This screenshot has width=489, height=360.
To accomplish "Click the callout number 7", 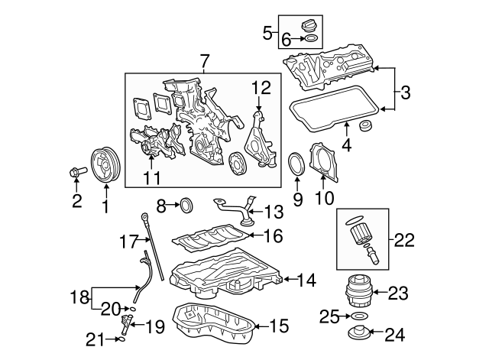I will pos(204,60).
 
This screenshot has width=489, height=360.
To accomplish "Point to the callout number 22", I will pos(404,240).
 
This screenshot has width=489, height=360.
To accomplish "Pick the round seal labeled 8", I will pos(186,204).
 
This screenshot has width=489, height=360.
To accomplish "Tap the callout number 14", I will pos(306,281).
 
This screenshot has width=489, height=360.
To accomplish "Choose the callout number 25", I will pos(329,315).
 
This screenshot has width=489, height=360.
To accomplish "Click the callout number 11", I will pos(151,179).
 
